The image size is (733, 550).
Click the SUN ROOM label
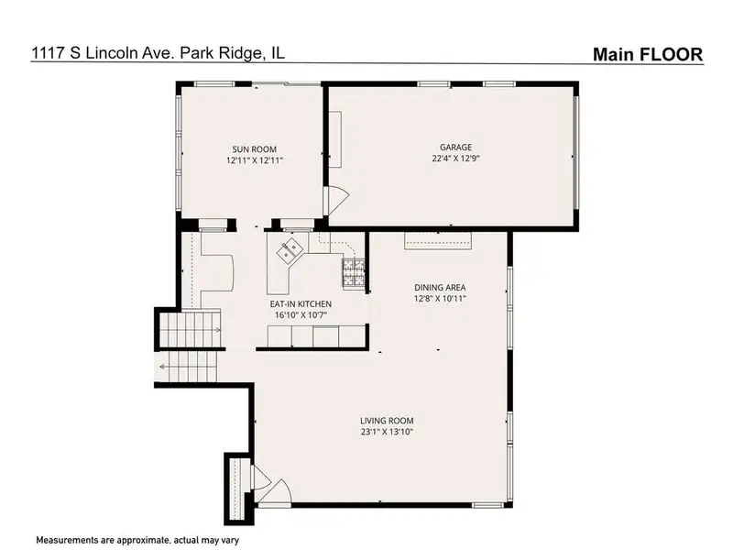[x=255, y=149]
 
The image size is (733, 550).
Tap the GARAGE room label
[x=455, y=147]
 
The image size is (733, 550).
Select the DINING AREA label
[x=440, y=288]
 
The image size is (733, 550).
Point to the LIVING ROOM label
[x=387, y=421]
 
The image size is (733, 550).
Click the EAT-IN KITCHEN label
[x=301, y=304]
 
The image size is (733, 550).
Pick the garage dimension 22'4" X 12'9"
[x=455, y=158]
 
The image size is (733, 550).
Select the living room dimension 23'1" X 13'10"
[x=387, y=432]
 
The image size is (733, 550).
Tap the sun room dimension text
[x=255, y=160]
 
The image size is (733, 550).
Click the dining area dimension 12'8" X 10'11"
[x=440, y=299]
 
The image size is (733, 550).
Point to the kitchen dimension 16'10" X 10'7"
[x=301, y=315]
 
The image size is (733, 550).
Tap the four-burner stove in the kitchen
[x=354, y=271]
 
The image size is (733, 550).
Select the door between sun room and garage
[x=338, y=198]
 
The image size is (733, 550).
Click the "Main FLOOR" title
[x=648, y=54]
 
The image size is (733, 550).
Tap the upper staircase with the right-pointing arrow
[x=191, y=329]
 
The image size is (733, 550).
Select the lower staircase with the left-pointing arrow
[x=188, y=366]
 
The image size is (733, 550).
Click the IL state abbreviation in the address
[x=278, y=52]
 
